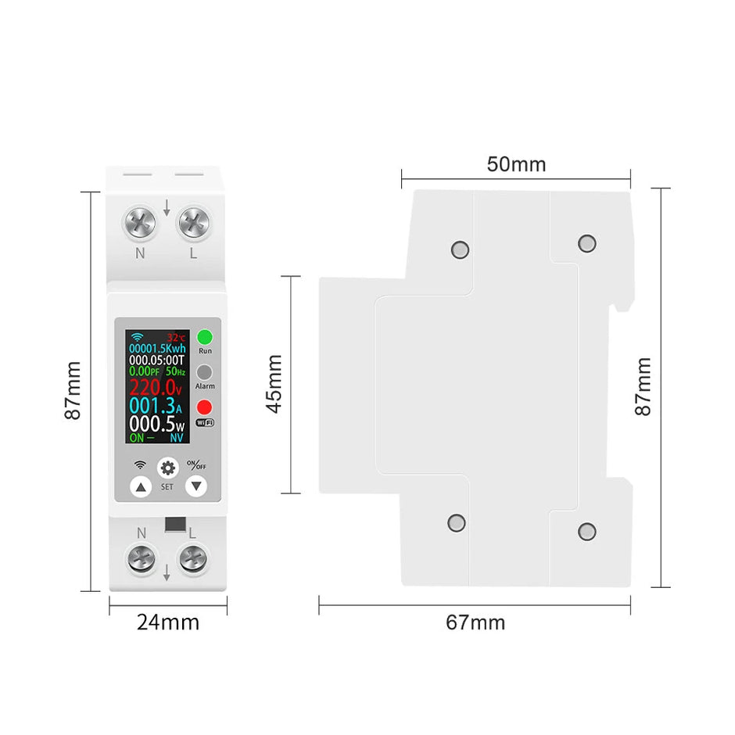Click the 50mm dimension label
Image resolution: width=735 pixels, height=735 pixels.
(x=516, y=165)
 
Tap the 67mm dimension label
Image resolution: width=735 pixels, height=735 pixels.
(x=475, y=622)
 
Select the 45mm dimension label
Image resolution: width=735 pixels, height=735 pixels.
(x=274, y=385)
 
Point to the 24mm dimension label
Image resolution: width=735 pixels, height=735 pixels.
(x=168, y=622)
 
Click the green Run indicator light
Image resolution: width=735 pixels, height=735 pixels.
(x=205, y=338)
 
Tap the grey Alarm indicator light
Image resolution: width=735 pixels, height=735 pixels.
(x=205, y=372)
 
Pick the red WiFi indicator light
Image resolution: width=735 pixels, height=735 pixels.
(x=205, y=407)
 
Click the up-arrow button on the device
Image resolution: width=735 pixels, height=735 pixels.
(x=141, y=488)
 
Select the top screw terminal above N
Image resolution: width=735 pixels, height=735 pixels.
(x=140, y=224)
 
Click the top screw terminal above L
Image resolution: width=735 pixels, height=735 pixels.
(x=193, y=224)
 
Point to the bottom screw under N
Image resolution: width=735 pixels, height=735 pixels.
(x=141, y=559)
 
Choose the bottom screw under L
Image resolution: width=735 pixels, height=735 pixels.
(x=193, y=559)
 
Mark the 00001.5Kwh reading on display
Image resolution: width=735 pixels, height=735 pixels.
(x=157, y=347)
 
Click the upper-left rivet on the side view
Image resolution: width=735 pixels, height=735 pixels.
(x=460, y=250)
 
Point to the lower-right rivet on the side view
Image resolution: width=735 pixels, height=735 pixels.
(x=587, y=532)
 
